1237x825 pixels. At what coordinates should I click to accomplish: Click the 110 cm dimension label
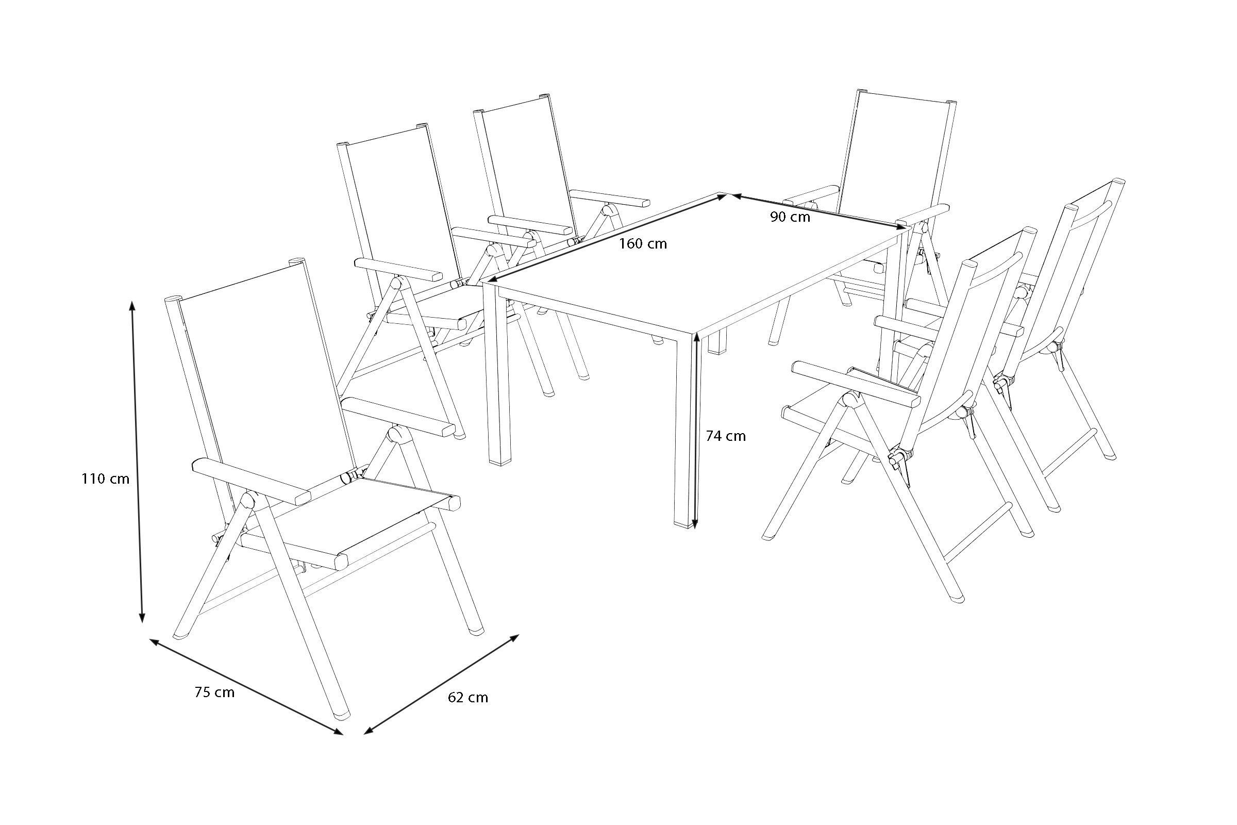click(105, 479)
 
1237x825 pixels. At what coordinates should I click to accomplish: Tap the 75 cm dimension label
click(214, 692)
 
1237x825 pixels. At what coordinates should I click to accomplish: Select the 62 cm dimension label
click(467, 698)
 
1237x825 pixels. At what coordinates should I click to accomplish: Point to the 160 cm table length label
click(643, 243)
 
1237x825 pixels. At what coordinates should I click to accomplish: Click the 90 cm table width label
click(791, 216)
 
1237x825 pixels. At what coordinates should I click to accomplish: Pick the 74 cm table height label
click(726, 436)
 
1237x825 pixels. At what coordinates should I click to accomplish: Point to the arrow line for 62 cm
click(442, 684)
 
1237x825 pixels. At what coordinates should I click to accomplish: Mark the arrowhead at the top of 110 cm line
click(132, 306)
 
